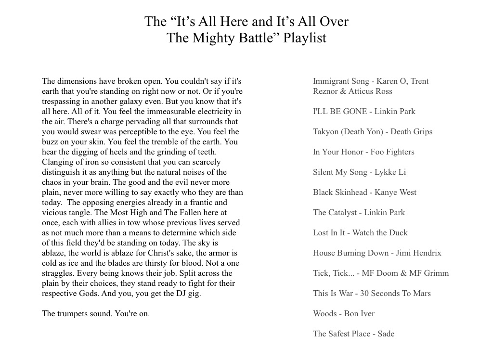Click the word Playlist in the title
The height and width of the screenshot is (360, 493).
[305, 38]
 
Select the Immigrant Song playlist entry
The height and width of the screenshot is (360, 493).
[370, 86]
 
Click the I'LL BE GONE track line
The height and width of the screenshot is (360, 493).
[364, 112]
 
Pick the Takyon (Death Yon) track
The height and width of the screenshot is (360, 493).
[372, 132]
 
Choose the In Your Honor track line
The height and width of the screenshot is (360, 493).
[363, 152]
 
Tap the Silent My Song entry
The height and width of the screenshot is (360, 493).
[359, 172]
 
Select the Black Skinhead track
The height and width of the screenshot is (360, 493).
[364, 193]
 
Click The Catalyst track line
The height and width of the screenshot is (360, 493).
[359, 213]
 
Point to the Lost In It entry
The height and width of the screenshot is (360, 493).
[360, 233]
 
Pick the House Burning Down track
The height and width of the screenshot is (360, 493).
[377, 253]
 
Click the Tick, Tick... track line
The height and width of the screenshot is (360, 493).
[381, 273]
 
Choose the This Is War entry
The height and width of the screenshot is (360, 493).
[372, 294]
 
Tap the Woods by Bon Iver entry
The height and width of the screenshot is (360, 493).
[344, 314]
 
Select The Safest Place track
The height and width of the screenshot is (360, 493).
[353, 334]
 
